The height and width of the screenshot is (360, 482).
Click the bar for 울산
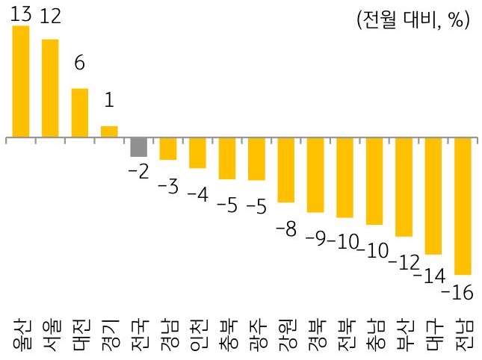[x=21, y=81]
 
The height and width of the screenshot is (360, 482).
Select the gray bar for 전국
[x=139, y=147]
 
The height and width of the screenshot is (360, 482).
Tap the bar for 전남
[x=463, y=206]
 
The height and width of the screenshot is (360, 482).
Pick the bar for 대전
[x=80, y=113]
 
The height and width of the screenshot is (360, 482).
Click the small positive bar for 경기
[x=109, y=131]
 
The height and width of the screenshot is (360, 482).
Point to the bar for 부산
[x=404, y=187]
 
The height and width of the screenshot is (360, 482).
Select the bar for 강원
[x=285, y=170]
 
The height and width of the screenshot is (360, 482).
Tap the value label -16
[x=457, y=292]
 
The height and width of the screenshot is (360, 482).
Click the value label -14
[x=429, y=276]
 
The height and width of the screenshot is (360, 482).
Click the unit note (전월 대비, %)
[x=413, y=20]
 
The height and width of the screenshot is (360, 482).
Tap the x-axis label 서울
[x=50, y=333]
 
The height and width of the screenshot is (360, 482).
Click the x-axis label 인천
[x=197, y=333]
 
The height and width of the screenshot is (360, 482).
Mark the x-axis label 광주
[x=256, y=333]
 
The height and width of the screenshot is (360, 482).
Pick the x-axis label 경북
[x=315, y=333]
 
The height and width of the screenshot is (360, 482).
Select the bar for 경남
[x=168, y=149]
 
